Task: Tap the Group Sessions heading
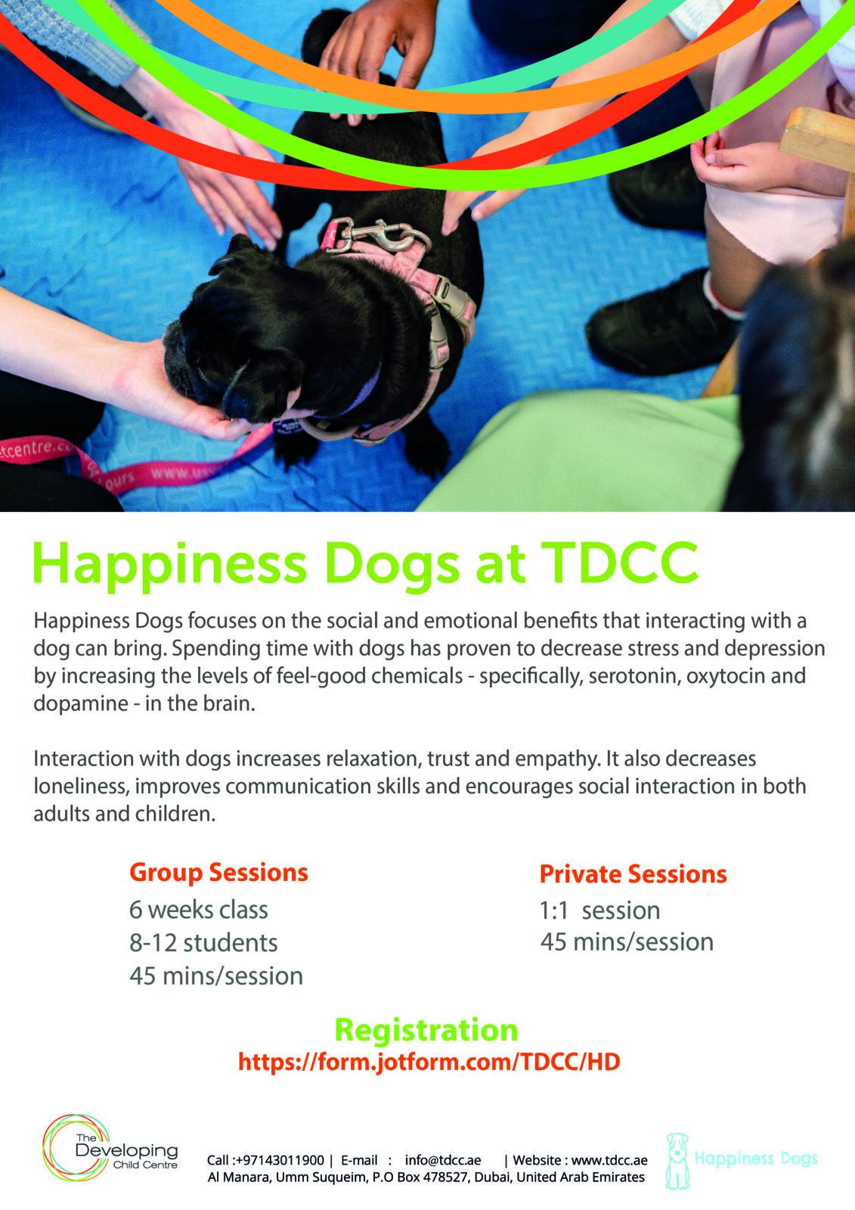pos(218,873)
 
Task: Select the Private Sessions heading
pos(633,874)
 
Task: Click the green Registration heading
pos(426,1030)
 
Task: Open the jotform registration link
pos(429,1062)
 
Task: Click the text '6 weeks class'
pos(198,910)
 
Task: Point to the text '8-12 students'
pos(203,943)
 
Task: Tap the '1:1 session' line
pos(599,911)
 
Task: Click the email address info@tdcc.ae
pos(442,1160)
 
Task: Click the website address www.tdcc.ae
pos(609,1160)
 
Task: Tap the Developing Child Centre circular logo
pos(76,1148)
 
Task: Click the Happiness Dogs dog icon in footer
pos(677,1160)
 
